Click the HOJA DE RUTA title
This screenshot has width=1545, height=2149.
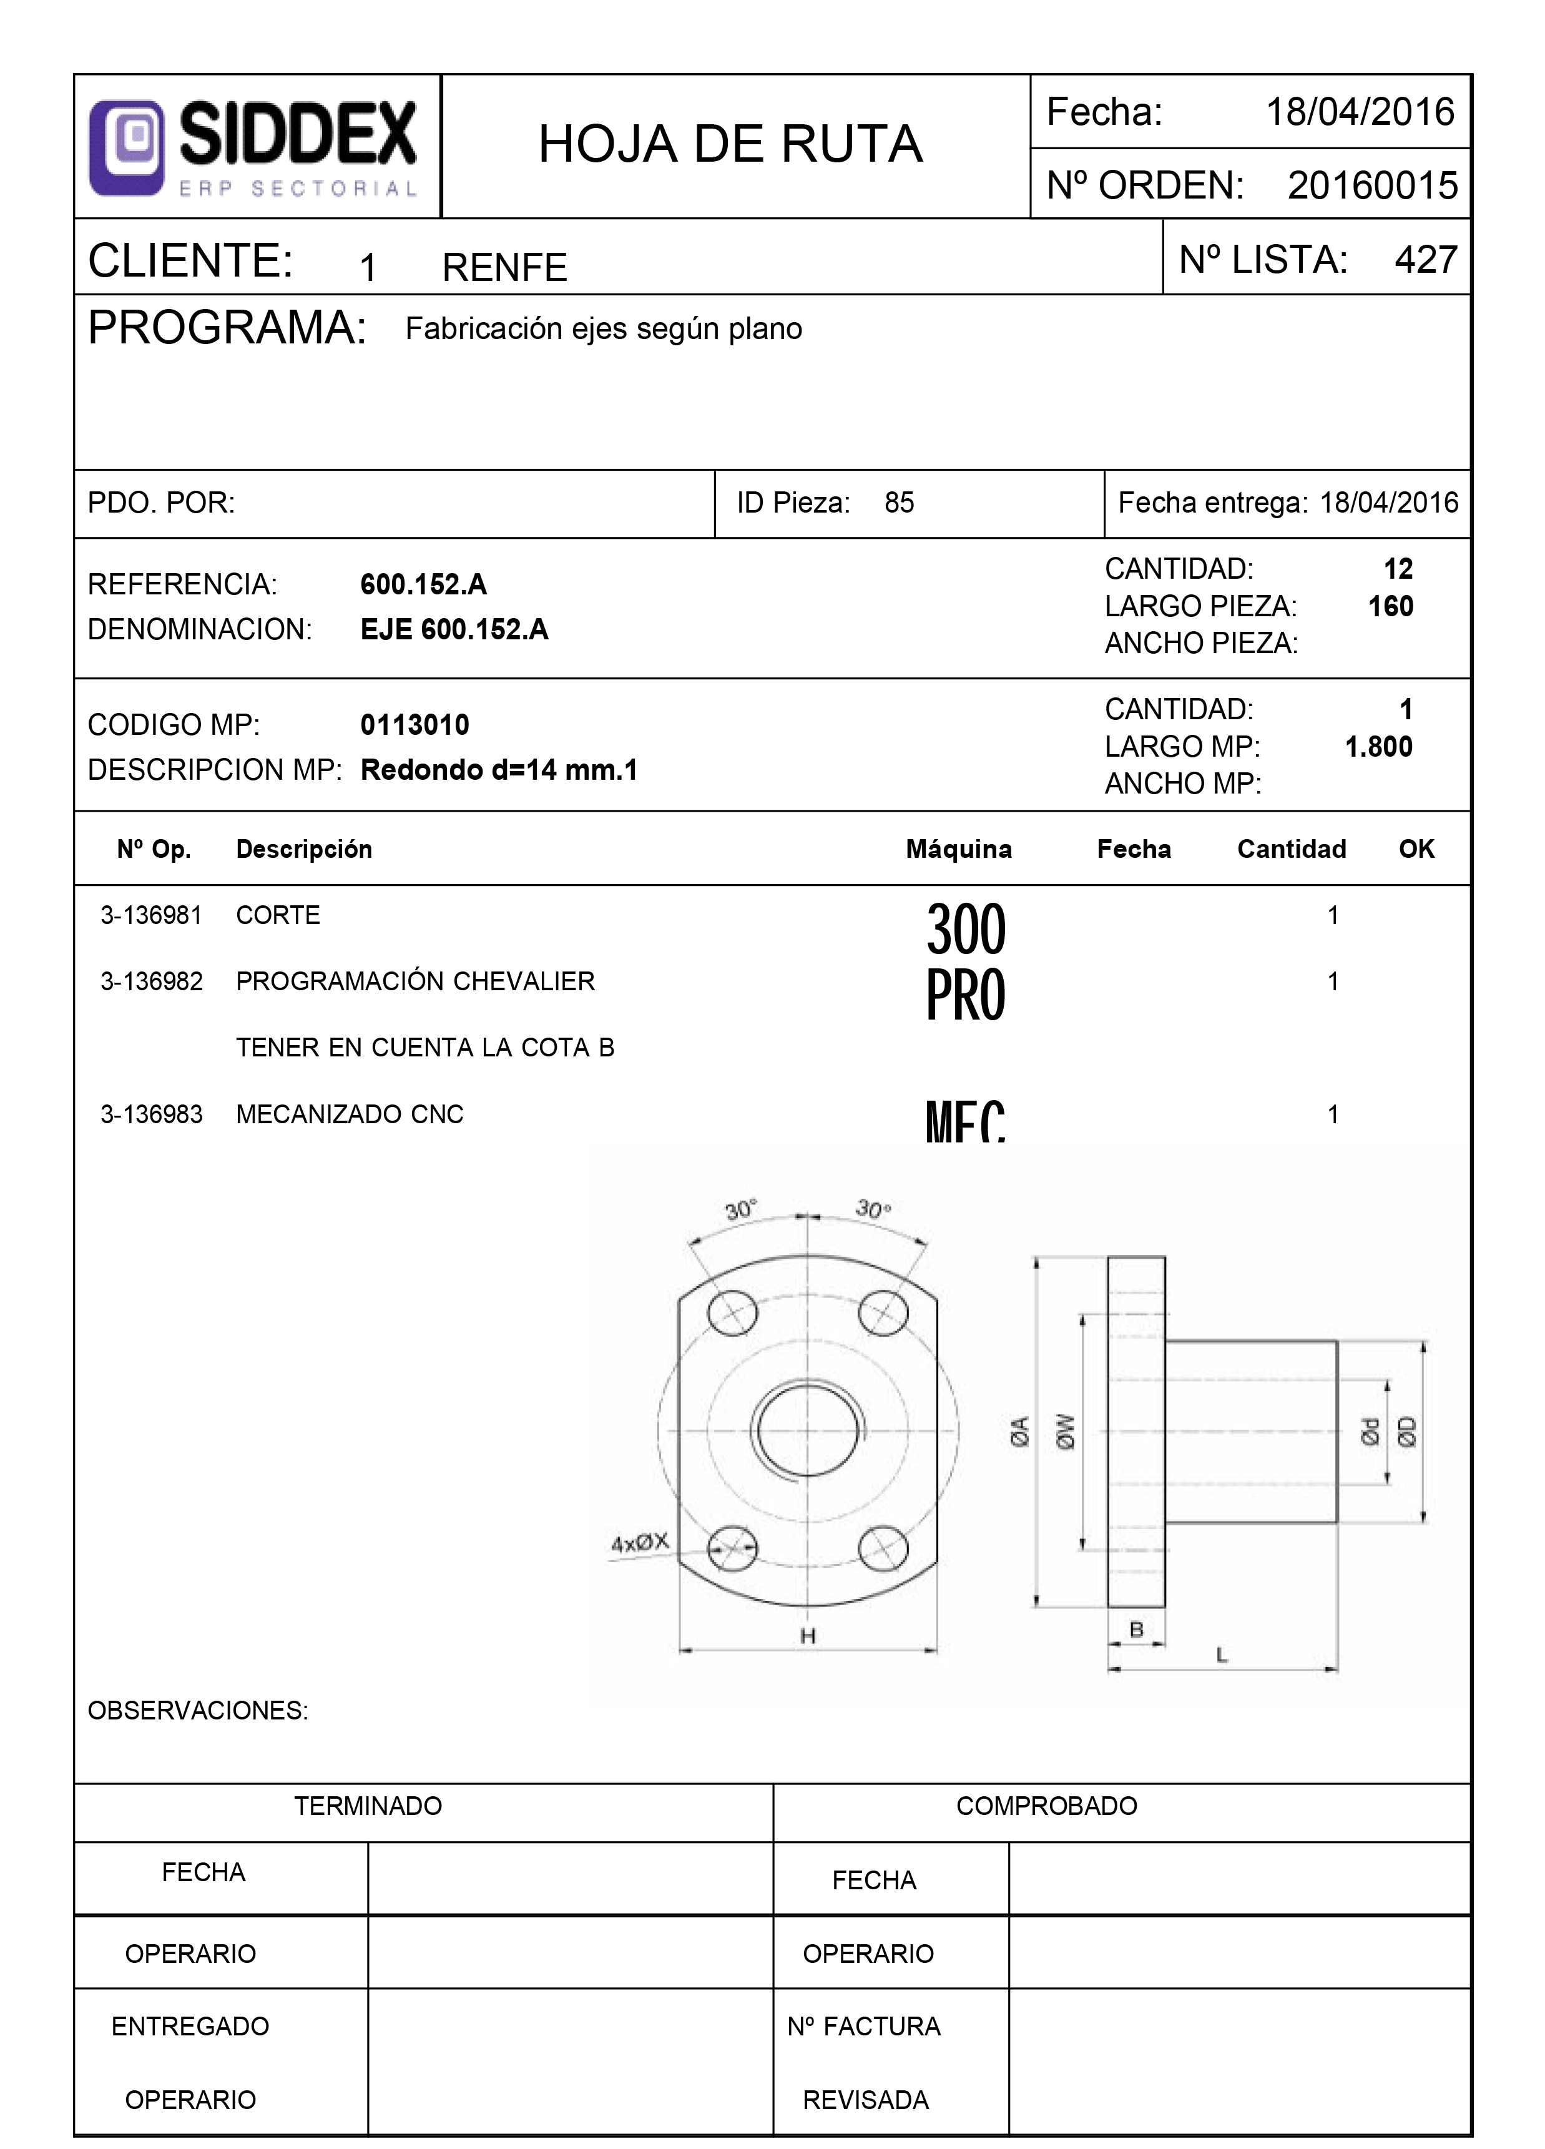coord(730,144)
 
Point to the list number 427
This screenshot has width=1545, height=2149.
coord(1425,260)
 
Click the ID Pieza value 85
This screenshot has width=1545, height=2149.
coord(899,503)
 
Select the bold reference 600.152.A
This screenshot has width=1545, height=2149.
coord(423,584)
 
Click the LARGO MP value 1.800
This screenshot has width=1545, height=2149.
coord(1378,747)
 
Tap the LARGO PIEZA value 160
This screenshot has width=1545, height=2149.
coord(1390,606)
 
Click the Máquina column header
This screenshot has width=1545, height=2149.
coord(959,849)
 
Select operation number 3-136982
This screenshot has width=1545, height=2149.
coord(152,981)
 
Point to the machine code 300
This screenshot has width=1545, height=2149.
coord(964,928)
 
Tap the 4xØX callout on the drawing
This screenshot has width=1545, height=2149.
coord(639,1543)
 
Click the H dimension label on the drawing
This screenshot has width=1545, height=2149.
coord(808,1635)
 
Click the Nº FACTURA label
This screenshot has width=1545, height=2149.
coord(863,2027)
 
